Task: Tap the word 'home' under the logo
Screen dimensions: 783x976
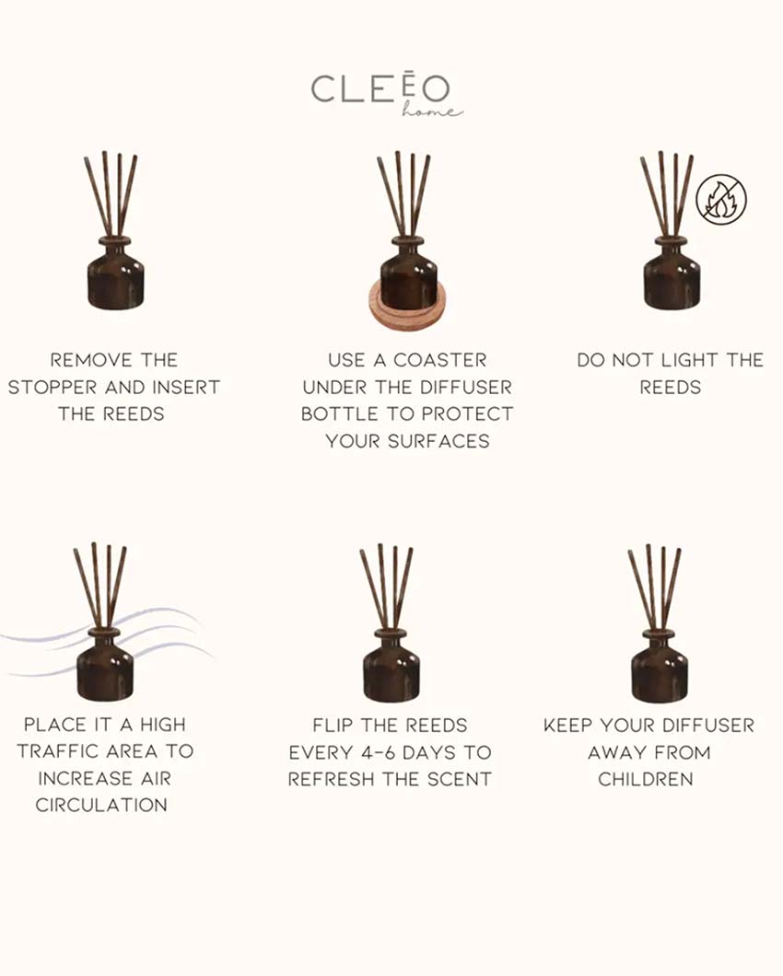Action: point(432,110)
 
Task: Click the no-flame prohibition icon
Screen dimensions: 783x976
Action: point(721,199)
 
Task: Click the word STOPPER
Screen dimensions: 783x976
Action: point(53,387)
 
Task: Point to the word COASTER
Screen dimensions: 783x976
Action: point(439,360)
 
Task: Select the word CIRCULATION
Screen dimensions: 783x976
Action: point(101,805)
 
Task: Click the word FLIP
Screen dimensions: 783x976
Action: point(333,726)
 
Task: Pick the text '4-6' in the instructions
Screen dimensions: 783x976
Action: point(378,752)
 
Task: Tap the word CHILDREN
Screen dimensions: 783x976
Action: point(646,779)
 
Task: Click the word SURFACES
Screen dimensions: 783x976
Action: point(438,441)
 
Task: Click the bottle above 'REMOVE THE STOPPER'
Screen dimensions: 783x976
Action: point(115,273)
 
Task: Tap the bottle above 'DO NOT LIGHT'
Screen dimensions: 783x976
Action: point(671,273)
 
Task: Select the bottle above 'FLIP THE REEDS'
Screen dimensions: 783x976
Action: point(391,666)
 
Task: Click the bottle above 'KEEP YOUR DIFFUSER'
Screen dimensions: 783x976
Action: point(659,666)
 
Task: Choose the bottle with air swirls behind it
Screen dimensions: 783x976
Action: point(105,664)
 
